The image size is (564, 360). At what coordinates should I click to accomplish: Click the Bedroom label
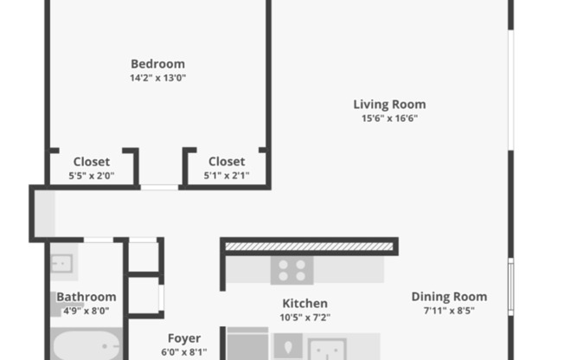point(157,63)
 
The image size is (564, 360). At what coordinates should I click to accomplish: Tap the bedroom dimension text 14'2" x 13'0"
point(157,78)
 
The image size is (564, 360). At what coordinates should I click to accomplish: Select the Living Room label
point(389,104)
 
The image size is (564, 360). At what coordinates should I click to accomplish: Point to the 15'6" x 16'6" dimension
point(389,119)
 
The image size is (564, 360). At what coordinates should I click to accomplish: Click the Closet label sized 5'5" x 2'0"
point(91,161)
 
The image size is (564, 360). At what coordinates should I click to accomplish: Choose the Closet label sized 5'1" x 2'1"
point(227,161)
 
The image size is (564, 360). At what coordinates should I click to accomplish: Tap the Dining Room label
point(449,296)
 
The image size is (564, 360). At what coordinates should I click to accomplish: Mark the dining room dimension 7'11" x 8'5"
point(449,311)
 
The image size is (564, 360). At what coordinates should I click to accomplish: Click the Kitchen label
point(305,303)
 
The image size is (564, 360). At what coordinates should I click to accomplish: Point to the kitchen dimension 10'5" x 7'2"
point(305,318)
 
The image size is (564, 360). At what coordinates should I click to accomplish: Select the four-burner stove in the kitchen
point(292,271)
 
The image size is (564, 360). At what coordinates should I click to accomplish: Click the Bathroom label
point(87,297)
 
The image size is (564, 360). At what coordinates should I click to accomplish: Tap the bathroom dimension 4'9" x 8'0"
point(87,311)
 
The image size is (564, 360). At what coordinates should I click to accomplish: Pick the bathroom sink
point(64,263)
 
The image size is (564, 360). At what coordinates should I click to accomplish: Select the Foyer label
point(183,338)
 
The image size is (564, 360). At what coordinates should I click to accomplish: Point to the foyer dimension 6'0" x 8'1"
point(183,352)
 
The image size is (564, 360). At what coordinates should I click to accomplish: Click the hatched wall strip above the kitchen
point(310,247)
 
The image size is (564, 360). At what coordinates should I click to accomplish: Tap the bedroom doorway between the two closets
point(160,186)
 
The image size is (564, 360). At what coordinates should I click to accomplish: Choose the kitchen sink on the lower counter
point(327,349)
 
